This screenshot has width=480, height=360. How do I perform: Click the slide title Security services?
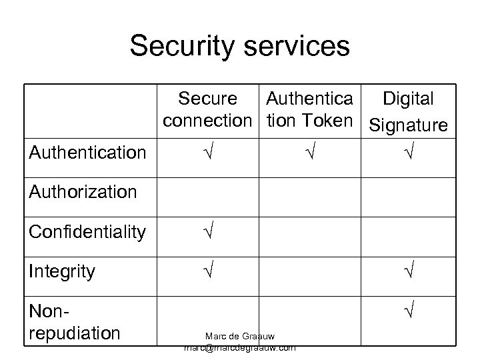pos(239,46)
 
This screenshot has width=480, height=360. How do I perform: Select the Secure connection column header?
pos(207,111)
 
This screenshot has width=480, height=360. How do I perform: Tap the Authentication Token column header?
pos(309,111)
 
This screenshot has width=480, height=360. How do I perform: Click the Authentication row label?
pos(87,153)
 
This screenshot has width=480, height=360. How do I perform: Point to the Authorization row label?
pos(83,193)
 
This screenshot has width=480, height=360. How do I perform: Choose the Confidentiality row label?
pos(87,232)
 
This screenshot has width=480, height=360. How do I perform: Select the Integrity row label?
pos(62,271)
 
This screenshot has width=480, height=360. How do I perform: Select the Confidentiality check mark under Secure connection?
pos(207,233)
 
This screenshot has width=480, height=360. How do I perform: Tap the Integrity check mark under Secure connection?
pos(207,272)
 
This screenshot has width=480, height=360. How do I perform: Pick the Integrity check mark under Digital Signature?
pos(408,272)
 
